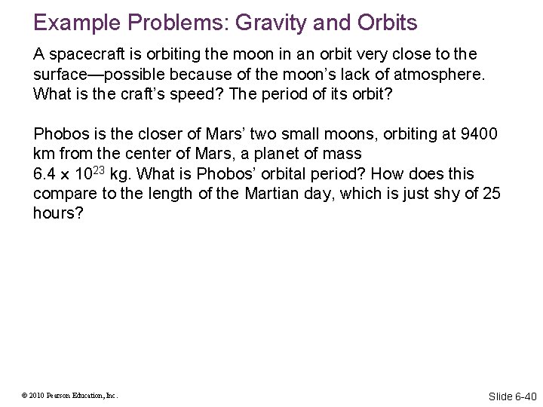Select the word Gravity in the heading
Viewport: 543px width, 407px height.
pos(275,23)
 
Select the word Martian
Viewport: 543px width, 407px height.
pos(275,194)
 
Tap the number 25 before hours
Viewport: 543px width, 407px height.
pos(491,194)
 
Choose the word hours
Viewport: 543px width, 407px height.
pos(54,214)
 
